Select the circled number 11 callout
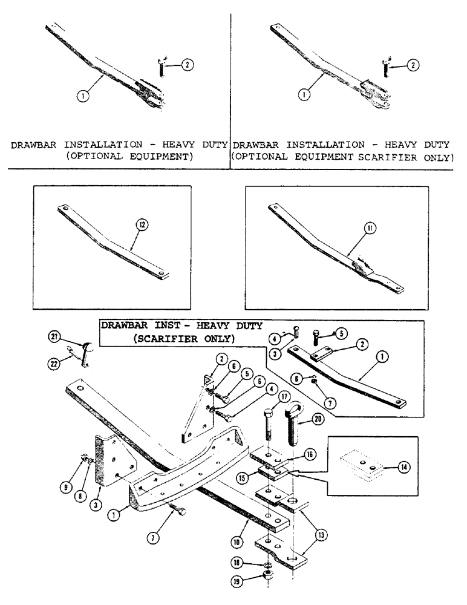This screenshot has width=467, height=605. [x=370, y=227]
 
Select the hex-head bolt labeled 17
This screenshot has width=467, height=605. [x=270, y=433]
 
